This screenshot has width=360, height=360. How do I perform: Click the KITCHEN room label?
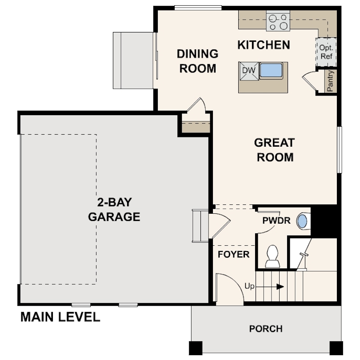[264, 44]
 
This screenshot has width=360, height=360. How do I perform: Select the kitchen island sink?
[272, 70]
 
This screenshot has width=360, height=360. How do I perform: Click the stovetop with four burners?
[278, 22]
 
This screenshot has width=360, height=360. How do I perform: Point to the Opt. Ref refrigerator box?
[326, 52]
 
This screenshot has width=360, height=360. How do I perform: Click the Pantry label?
[330, 81]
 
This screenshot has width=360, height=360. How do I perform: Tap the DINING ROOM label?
[197, 61]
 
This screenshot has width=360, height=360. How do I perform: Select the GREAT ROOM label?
[274, 150]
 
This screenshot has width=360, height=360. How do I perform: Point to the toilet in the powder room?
[272, 257]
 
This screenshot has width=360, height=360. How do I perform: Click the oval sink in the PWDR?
[302, 221]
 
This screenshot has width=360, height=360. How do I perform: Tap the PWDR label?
[276, 220]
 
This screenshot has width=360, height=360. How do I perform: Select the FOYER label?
[233, 255]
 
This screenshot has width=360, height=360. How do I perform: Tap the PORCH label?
[265, 329]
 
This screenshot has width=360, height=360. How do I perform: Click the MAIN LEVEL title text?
[60, 317]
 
